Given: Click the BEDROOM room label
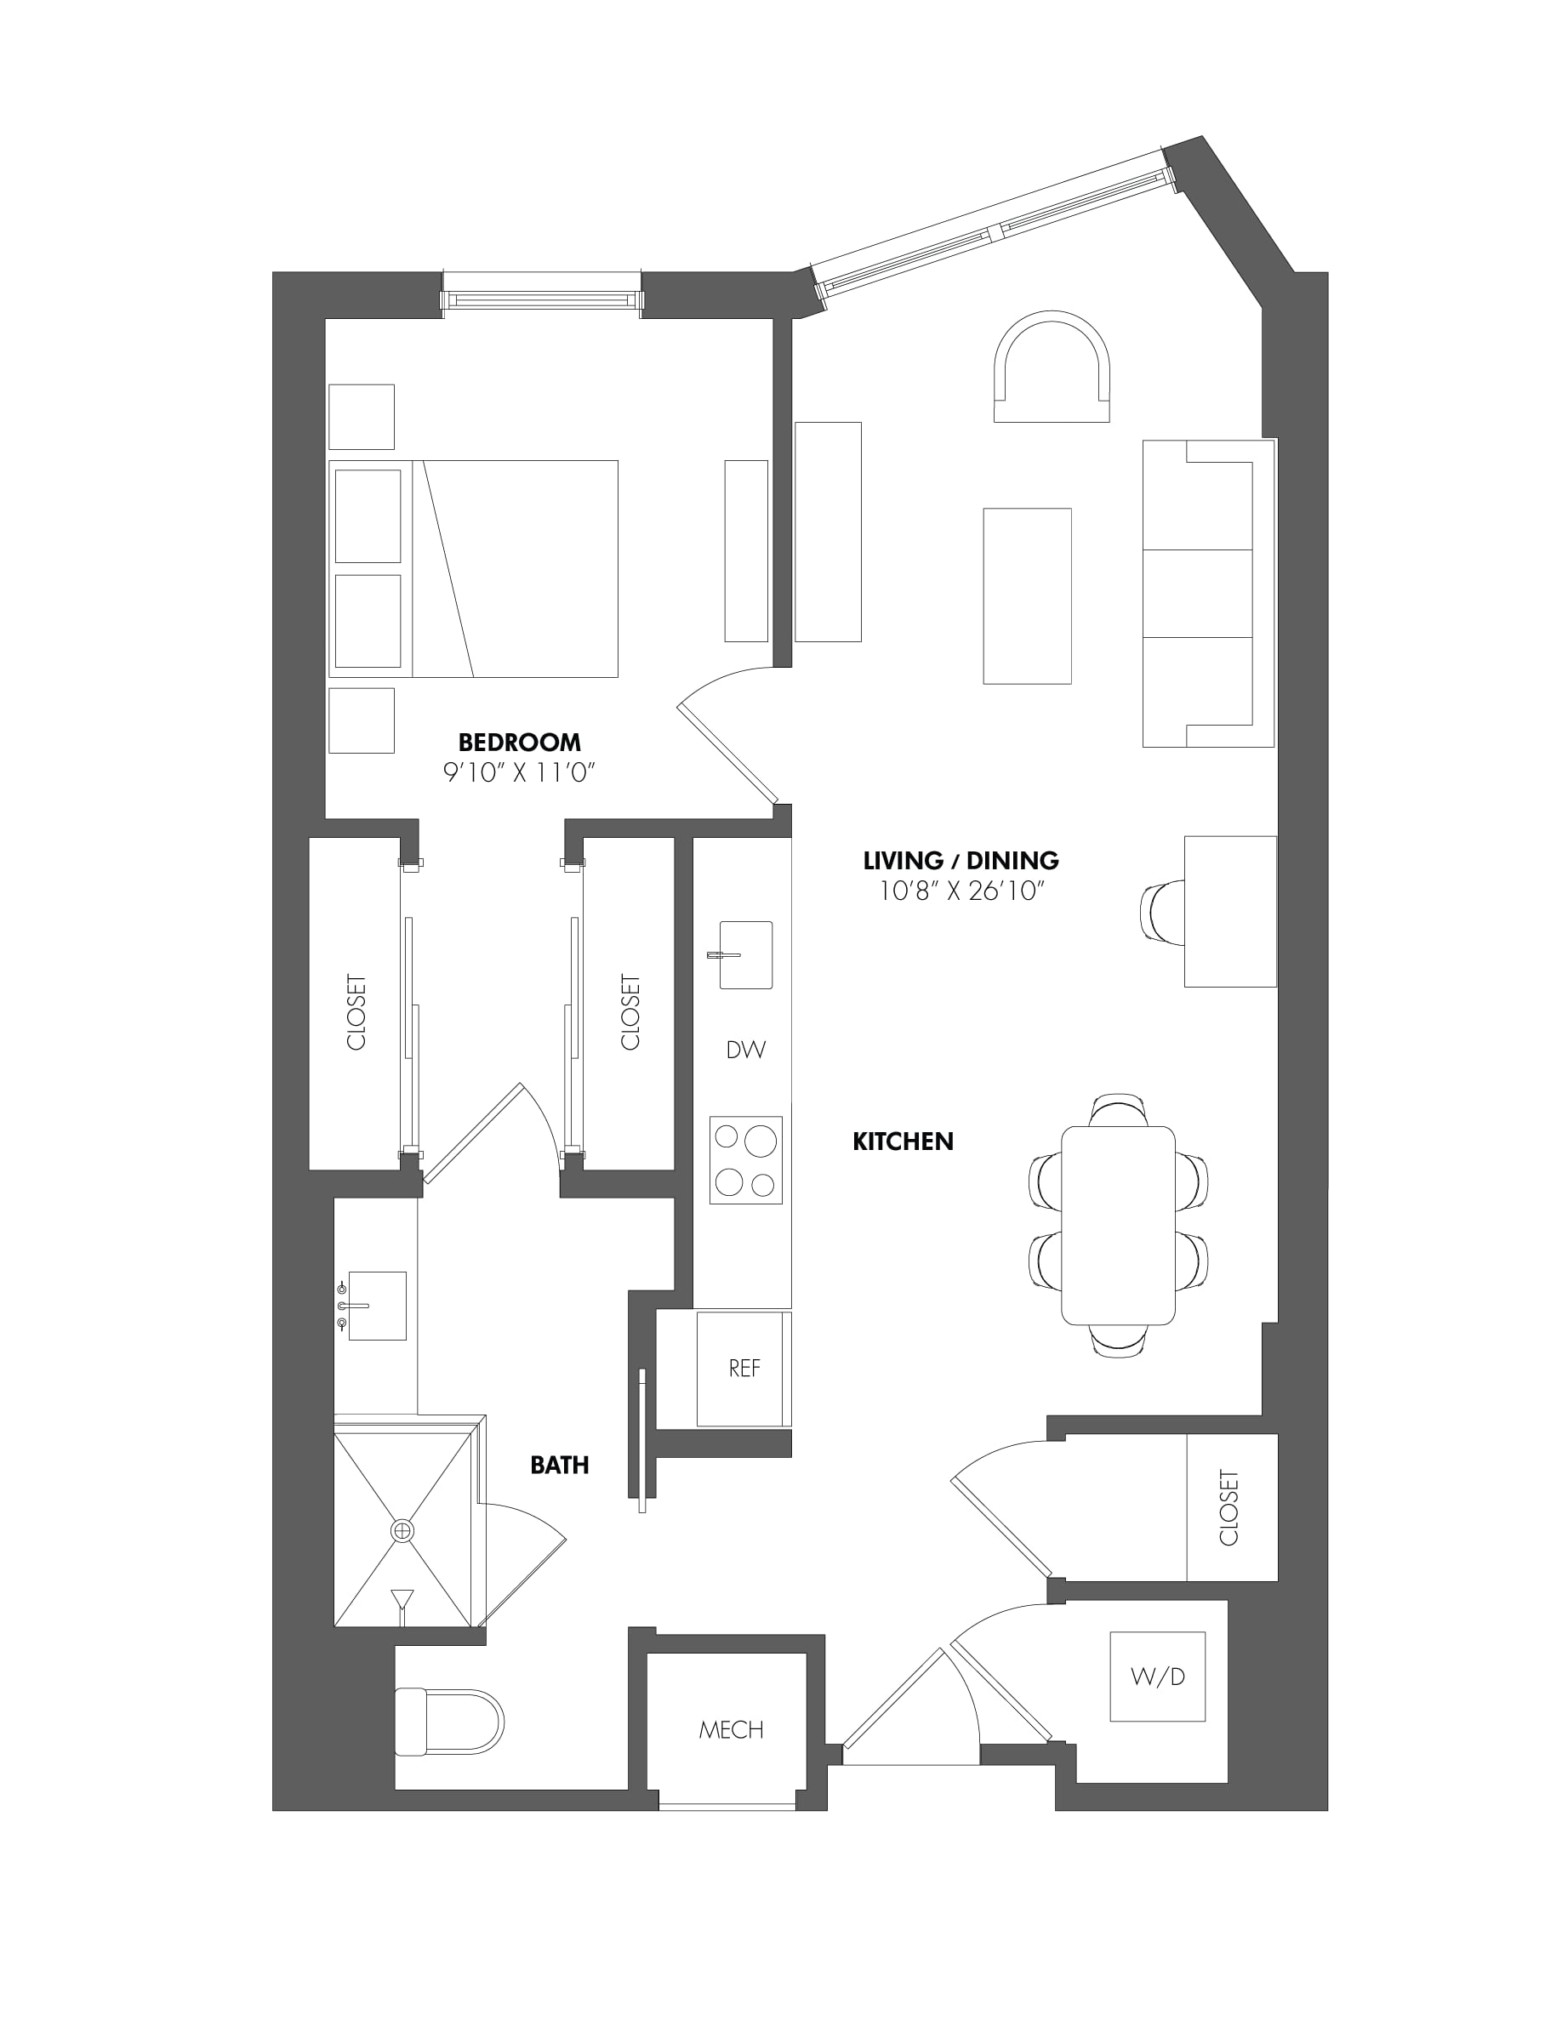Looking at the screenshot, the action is pyautogui.click(x=519, y=743).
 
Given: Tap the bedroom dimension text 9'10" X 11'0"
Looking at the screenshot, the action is pyautogui.click(x=518, y=772).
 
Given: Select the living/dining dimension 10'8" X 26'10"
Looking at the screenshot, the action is pyautogui.click(x=961, y=891).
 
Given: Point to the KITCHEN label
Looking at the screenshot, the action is pyautogui.click(x=902, y=1141).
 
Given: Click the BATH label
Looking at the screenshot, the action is pyautogui.click(x=559, y=1465).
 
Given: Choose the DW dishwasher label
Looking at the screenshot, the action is pyautogui.click(x=746, y=1050).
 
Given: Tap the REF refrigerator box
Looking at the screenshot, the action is pyautogui.click(x=744, y=1369).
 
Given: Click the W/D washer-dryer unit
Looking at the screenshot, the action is pyautogui.click(x=1158, y=1676).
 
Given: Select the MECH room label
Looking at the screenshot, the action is pyautogui.click(x=731, y=1729).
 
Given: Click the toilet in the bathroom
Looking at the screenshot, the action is pyautogui.click(x=449, y=1722).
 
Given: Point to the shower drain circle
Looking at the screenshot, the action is pyautogui.click(x=402, y=1531).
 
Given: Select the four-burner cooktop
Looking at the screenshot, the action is pyautogui.click(x=746, y=1160).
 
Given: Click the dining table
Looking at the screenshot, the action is pyautogui.click(x=1118, y=1225).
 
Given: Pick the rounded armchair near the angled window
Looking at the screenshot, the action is pyautogui.click(x=1052, y=367).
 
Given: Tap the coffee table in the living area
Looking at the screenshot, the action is pyautogui.click(x=1027, y=596).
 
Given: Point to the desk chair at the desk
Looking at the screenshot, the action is pyautogui.click(x=1162, y=914).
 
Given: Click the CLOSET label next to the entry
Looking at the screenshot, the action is pyautogui.click(x=1229, y=1507).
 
